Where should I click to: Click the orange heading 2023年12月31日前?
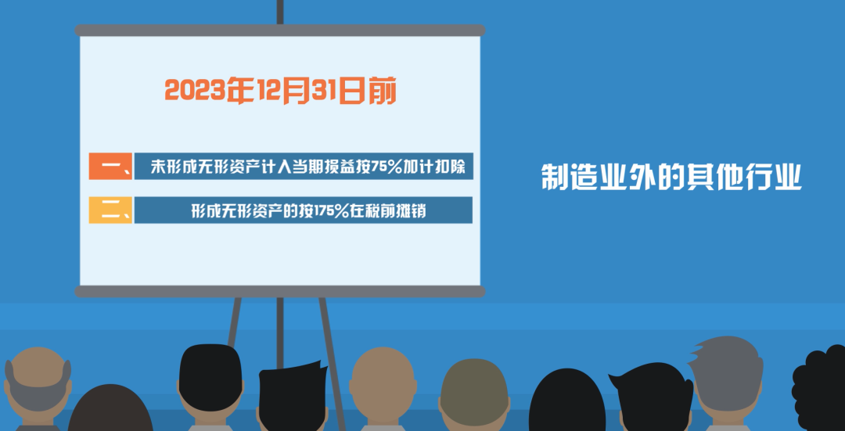280,91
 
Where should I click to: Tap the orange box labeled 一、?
110,166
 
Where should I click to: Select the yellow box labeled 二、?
110,210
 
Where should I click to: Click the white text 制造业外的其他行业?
671,177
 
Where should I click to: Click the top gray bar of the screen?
279,31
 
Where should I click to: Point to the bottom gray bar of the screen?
279,292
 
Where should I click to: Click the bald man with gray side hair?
37,389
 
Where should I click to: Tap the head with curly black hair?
819,388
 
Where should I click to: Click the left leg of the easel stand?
235,321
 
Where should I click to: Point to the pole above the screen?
279,12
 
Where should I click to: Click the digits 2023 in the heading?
195,91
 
